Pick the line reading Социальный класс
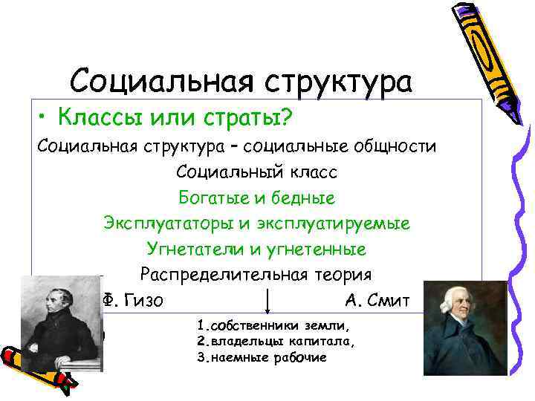[257, 172]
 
